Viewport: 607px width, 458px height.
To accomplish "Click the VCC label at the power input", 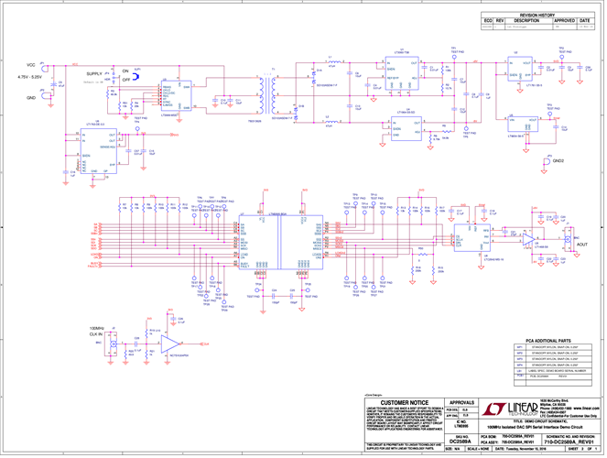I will click(30, 66).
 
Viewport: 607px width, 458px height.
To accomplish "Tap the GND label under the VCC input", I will click(30, 96).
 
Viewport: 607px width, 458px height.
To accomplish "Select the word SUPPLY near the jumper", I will click(93, 73).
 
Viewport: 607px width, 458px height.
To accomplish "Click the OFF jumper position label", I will click(125, 81).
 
